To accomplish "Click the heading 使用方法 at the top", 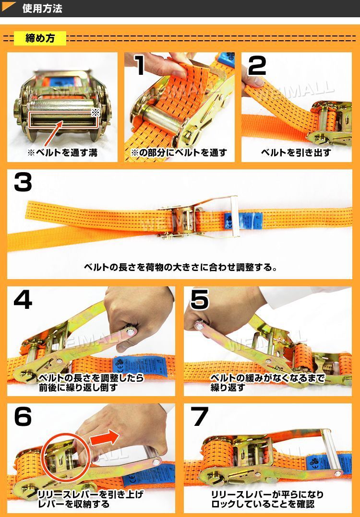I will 42,9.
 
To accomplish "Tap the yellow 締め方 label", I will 40,38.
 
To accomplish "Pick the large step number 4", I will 23,299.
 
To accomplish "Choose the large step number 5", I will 200,299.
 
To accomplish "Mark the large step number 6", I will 23,416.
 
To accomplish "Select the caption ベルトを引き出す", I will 296,153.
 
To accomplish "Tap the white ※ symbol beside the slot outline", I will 95,112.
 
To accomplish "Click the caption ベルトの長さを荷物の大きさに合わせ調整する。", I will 180,267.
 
